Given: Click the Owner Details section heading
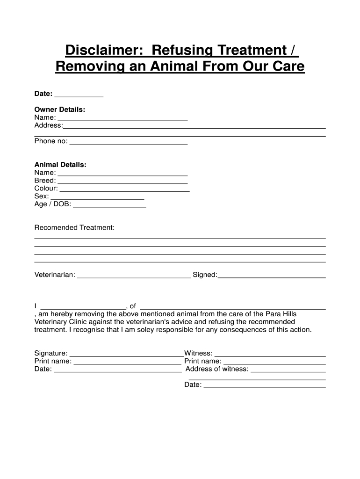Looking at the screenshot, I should click(60, 109).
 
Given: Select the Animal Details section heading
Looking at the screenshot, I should click(60, 165).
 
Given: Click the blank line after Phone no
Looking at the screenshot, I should click(128, 142).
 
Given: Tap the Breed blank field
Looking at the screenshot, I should click(122, 181).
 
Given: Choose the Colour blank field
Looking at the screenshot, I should click(124, 189).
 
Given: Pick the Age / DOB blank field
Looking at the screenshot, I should click(109, 205).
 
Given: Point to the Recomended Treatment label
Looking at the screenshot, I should click(74, 227).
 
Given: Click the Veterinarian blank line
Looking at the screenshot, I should click(134, 276).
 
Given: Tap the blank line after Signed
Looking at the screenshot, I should click(272, 276).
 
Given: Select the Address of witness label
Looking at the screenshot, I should click(217, 369).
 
